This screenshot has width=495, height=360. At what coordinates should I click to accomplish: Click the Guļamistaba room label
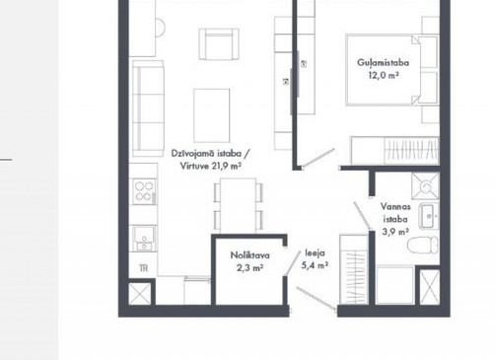[384, 63]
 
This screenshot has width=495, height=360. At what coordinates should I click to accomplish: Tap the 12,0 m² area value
[384, 75]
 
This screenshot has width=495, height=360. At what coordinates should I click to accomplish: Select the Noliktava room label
[250, 255]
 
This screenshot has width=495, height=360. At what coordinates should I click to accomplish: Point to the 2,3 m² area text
[249, 268]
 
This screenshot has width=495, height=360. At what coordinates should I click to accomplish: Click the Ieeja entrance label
[316, 252]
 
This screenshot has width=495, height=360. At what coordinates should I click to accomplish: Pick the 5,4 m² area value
[315, 265]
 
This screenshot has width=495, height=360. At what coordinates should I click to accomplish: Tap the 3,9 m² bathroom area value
[395, 232]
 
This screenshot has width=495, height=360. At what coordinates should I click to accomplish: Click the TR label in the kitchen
[144, 268]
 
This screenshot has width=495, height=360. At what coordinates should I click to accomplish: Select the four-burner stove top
[144, 191]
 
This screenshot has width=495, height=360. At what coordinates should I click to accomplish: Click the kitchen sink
[144, 238]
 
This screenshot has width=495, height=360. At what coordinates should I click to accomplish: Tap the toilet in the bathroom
[423, 246]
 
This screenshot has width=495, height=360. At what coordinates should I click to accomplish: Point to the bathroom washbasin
[429, 216]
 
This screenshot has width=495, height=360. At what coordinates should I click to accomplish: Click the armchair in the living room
[219, 44]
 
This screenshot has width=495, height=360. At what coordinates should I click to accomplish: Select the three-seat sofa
[148, 108]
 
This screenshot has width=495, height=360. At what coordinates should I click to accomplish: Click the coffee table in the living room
[212, 115]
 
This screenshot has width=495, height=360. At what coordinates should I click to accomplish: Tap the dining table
[239, 206]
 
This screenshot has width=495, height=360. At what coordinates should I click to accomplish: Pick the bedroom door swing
[318, 158]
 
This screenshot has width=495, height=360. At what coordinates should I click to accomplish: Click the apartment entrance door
[317, 298]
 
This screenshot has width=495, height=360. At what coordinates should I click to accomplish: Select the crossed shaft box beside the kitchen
[140, 294]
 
